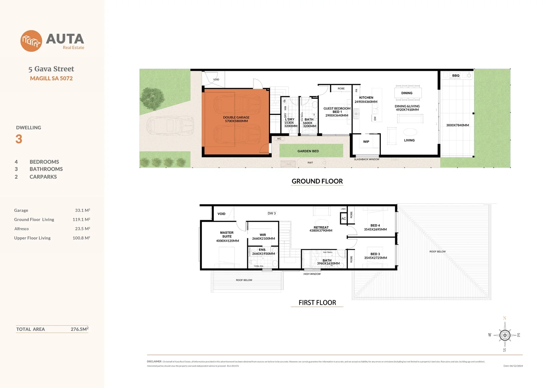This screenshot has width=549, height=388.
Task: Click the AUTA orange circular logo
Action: coord(31,41)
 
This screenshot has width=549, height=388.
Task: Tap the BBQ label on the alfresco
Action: coord(456,76)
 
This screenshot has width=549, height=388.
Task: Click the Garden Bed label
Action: coord(308,151)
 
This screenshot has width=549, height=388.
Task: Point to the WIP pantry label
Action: coord(366,142)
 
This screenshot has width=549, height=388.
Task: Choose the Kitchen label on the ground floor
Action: coord(366,98)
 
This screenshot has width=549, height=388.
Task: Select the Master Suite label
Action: coord(227,235)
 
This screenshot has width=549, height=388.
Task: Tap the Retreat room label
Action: coord(321,227)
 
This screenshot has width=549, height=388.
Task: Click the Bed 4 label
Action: coord(375,226)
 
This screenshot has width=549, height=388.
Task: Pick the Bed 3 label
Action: coord(375,254)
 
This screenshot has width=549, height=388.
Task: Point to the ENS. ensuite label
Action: coord(262,250)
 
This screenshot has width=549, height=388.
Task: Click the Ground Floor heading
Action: coord(317,181)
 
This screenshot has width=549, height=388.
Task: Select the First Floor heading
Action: coord(317,303)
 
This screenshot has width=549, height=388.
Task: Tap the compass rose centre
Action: coord(505,335)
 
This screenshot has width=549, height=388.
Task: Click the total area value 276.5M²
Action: coord(79,329)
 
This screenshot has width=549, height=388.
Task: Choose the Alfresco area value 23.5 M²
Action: coord(82,229)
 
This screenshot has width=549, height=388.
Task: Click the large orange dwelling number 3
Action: coord(19,139)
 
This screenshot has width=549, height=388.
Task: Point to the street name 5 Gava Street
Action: coord(51,69)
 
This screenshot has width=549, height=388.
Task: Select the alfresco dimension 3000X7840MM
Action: coord(457,125)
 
